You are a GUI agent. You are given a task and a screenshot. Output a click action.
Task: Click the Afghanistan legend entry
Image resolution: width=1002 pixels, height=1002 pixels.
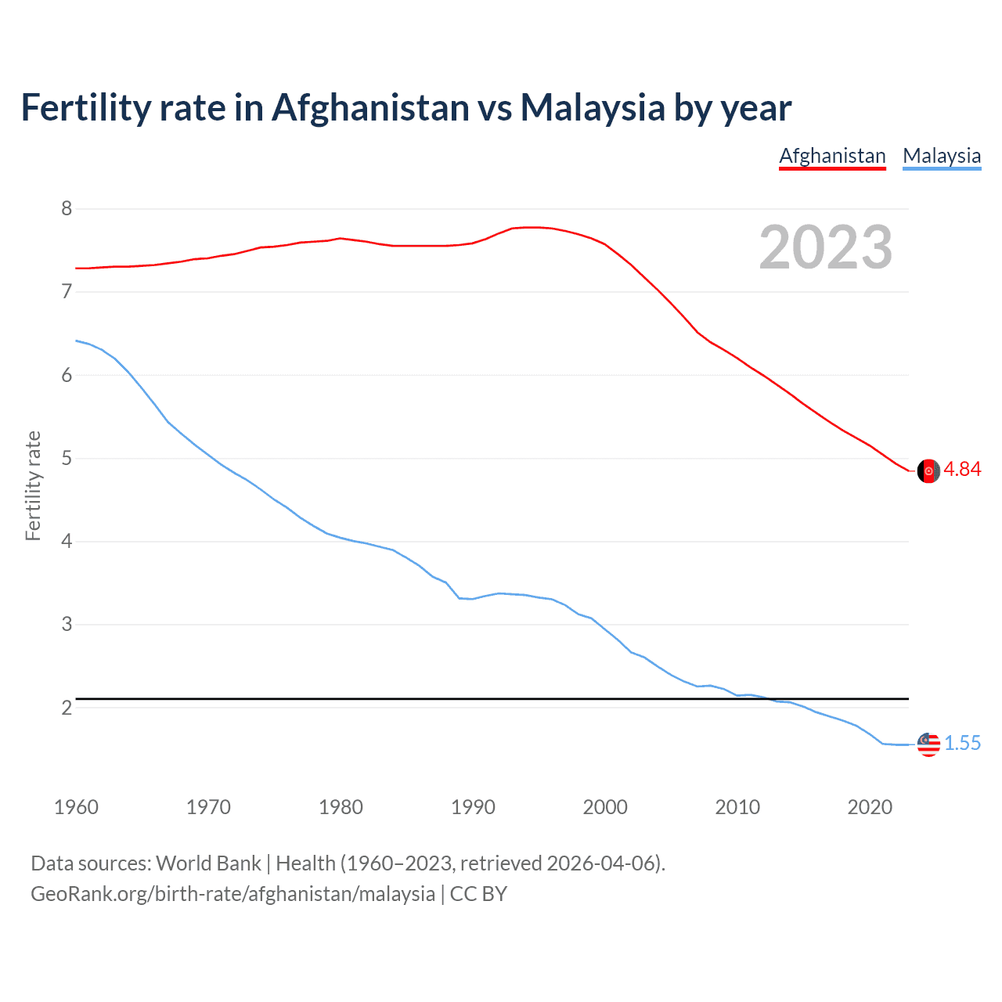point(832,156)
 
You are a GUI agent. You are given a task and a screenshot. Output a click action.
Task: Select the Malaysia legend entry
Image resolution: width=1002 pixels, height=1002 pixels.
point(942,156)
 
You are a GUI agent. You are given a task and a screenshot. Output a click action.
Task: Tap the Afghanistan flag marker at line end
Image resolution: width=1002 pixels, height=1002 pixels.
point(928,470)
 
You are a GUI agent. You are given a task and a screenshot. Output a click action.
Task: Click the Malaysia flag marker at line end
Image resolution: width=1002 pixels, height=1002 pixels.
point(928,744)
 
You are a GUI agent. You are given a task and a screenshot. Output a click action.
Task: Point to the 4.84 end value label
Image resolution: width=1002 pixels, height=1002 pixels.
point(962,469)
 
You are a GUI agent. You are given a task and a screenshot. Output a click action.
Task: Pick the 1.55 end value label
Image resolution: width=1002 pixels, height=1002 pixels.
point(962,743)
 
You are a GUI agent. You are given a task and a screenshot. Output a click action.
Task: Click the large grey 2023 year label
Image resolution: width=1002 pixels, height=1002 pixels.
point(826,247)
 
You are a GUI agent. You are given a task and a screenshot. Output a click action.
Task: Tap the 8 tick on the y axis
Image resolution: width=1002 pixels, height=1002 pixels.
point(67,208)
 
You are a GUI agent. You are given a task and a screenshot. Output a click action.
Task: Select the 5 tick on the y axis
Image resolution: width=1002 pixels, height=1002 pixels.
point(67,458)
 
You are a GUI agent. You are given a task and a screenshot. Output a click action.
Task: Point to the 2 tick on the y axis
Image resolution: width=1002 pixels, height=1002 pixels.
point(67,708)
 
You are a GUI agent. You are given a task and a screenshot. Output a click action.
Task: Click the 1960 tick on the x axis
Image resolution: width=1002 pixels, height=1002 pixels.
point(76,807)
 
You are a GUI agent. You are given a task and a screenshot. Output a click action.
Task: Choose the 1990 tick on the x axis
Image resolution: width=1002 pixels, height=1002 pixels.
point(473,807)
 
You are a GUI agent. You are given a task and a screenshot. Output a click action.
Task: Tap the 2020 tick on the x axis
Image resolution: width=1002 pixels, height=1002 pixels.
point(870,807)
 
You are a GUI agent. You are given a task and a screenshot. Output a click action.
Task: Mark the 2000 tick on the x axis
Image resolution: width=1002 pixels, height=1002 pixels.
point(605,807)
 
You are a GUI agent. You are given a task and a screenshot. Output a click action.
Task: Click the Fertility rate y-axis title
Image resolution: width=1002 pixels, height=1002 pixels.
point(33,485)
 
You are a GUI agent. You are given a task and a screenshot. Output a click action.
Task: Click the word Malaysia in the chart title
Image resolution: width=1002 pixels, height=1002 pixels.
point(593,107)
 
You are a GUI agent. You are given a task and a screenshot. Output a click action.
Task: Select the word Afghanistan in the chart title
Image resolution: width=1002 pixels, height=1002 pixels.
point(369,107)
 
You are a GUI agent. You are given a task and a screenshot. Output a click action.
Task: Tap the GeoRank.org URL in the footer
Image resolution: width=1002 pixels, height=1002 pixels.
point(232,894)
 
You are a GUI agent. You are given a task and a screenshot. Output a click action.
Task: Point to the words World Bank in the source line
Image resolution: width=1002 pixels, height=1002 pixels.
point(208,863)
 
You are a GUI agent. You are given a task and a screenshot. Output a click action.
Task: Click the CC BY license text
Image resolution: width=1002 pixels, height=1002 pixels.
point(478,894)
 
